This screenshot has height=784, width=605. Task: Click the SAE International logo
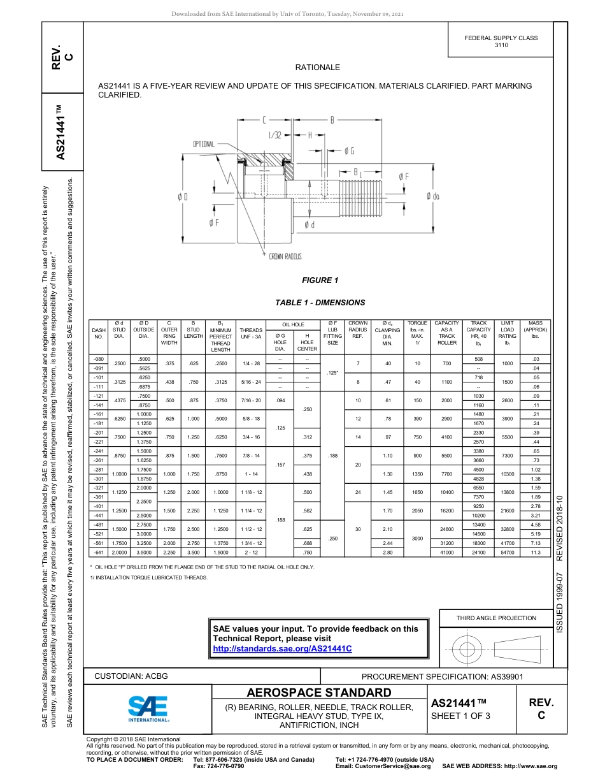[x=148, y=707]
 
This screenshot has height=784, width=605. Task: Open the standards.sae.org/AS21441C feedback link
[x=282, y=648]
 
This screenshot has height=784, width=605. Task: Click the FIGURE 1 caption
[x=320, y=280]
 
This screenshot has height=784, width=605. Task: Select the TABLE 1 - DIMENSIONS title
[x=320, y=303]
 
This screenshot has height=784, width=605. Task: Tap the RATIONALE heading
[x=318, y=68]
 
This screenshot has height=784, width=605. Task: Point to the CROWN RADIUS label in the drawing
[x=285, y=256]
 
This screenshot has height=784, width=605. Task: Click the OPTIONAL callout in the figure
[x=204, y=144]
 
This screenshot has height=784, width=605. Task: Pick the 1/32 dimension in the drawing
[x=274, y=135]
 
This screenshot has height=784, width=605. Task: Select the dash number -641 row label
[x=99, y=553]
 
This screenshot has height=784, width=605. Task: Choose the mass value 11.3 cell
[x=536, y=553]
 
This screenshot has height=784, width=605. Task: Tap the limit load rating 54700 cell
[x=507, y=553]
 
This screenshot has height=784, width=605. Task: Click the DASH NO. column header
[x=99, y=333]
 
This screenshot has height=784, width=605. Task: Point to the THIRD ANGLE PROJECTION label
[x=496, y=618]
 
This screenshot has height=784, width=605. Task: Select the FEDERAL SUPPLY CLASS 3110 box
[x=501, y=41]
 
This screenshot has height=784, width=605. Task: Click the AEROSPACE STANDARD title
[x=319, y=693]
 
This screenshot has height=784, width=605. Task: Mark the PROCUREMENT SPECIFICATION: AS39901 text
[x=443, y=676]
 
